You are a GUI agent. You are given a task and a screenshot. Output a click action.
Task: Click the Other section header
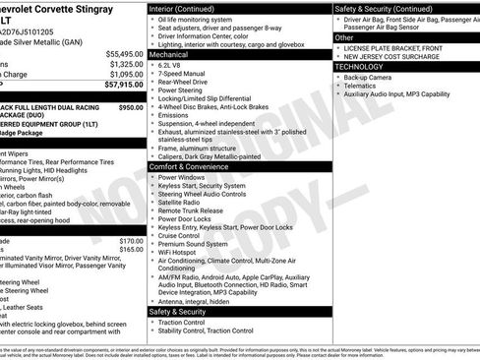(345, 37)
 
